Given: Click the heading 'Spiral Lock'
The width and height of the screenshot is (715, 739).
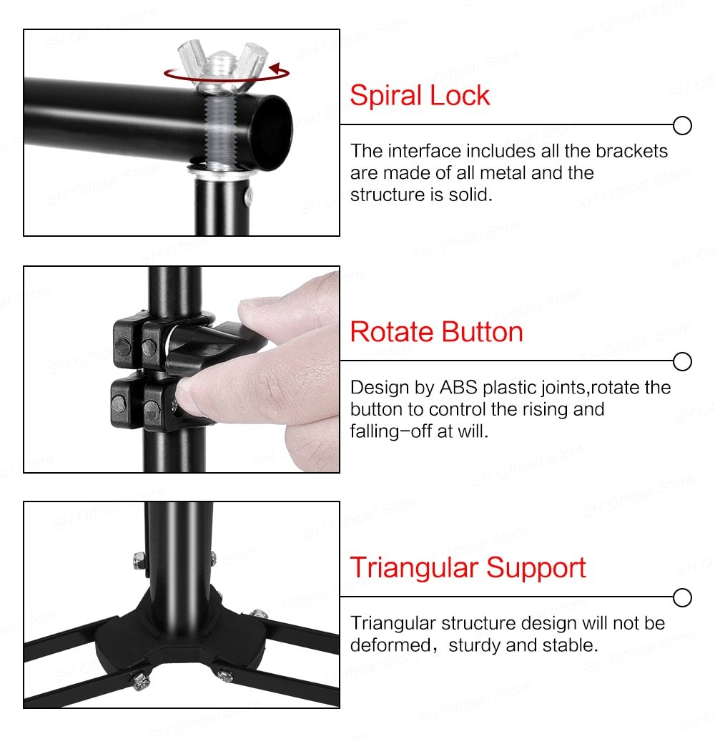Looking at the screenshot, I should (420, 96).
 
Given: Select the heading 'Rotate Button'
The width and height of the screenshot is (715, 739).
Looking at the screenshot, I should (436, 332).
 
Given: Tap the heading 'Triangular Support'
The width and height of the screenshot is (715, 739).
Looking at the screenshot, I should (468, 568).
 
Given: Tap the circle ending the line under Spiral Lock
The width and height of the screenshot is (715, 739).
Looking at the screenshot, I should (683, 126).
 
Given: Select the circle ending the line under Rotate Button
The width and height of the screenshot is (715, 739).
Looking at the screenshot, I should (683, 362).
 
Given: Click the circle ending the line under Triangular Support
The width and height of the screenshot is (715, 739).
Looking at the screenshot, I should (683, 597).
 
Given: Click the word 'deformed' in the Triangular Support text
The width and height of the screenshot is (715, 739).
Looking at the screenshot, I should (390, 645).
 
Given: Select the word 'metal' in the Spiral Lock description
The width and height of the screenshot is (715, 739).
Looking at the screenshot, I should (501, 173).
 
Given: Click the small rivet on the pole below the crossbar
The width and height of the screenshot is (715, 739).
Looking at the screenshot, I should (247, 193).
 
